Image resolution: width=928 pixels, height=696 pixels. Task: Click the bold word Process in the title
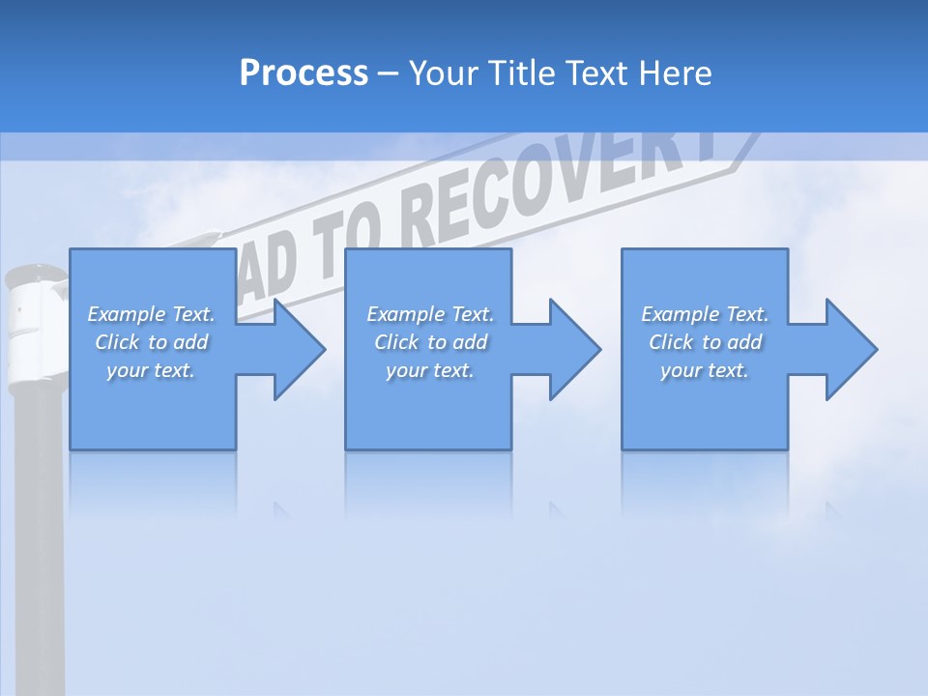pos(304,73)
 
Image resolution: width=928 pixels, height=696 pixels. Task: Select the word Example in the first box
pos(128,314)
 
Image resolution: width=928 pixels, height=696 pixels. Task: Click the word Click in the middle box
pos(395,342)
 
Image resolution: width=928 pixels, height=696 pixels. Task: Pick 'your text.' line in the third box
pos(705,370)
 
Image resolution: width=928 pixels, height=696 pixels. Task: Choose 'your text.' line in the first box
pos(151,370)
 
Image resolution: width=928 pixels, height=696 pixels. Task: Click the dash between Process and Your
pos(388,74)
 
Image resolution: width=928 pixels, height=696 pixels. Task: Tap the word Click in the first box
pos(116,342)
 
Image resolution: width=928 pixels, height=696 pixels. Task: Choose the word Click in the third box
pos(670,342)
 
